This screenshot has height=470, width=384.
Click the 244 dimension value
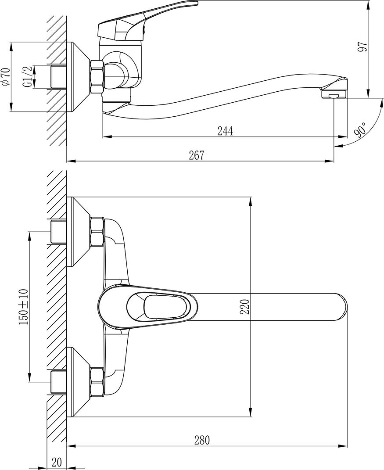(x=224, y=131)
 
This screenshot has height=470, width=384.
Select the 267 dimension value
(x=197, y=155)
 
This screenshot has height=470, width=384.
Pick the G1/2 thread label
(x=27, y=77)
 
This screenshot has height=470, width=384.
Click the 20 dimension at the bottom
(x=57, y=462)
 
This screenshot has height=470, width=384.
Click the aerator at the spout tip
(x=334, y=94)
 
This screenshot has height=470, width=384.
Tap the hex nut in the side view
(x=97, y=77)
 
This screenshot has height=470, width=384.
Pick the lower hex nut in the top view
(x=97, y=381)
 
